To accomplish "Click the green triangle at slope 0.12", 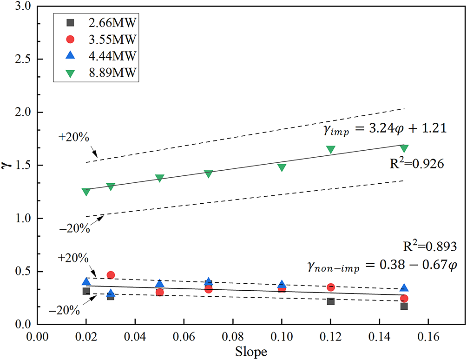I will pyautogui.click(x=331, y=150).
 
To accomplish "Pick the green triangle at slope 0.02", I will pyautogui.click(x=86, y=192).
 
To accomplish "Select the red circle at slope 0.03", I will pyautogui.click(x=111, y=275).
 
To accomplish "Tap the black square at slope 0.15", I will pyautogui.click(x=404, y=306).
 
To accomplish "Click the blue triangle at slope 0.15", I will pyautogui.click(x=404, y=288).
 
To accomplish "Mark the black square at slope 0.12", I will pyautogui.click(x=331, y=301).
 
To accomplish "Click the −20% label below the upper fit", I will pyautogui.click(x=74, y=229).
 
